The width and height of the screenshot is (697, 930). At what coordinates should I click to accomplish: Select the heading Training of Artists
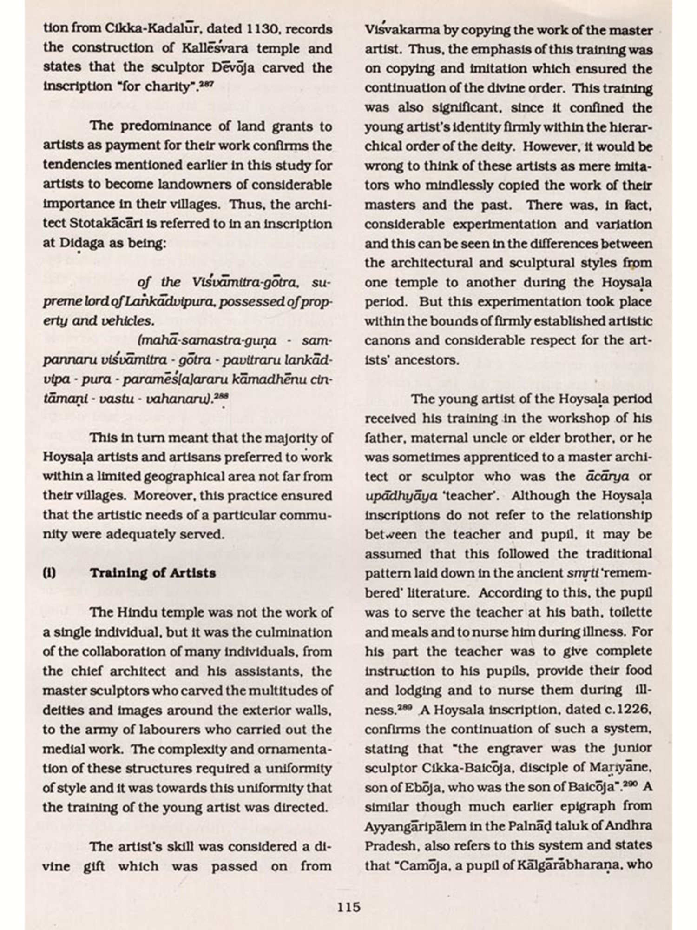(153, 572)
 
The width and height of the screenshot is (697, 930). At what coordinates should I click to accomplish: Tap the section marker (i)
(49, 572)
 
